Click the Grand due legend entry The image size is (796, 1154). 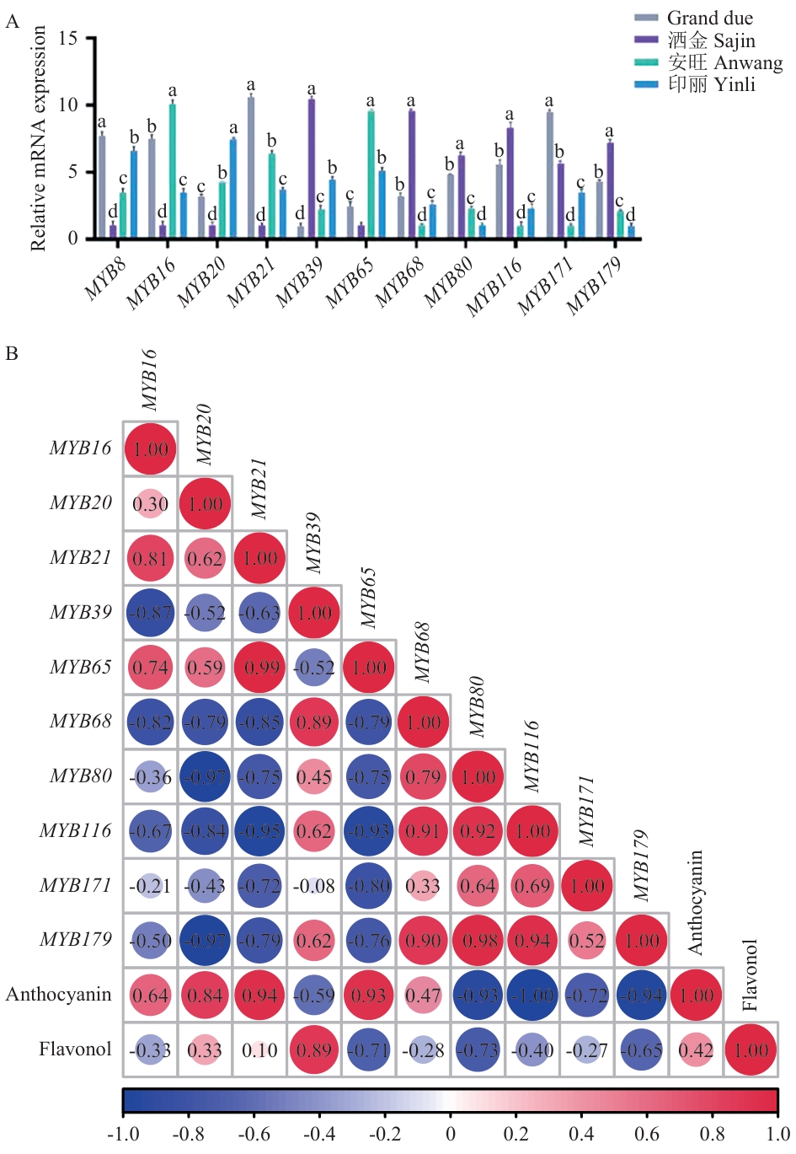709,18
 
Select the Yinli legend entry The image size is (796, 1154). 711,84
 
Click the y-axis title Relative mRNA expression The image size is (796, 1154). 38,138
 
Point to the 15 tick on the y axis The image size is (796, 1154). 69,39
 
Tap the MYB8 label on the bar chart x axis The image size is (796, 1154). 106,280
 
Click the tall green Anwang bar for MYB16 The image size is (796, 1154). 172,170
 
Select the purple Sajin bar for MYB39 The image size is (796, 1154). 312,169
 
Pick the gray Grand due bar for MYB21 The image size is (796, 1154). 251,168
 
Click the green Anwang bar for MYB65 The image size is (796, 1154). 371,174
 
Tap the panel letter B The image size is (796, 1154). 12,353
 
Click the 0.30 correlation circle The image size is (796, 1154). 150,504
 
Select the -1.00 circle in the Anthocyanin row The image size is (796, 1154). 532,996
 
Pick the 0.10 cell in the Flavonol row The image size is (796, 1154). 259,1050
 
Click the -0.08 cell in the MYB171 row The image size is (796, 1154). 314,886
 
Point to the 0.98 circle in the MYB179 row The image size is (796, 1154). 478,941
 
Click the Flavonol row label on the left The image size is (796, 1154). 75,1049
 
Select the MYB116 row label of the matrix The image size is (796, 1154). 75,831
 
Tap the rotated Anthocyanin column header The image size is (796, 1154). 695,902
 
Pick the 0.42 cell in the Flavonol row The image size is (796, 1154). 696,1050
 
